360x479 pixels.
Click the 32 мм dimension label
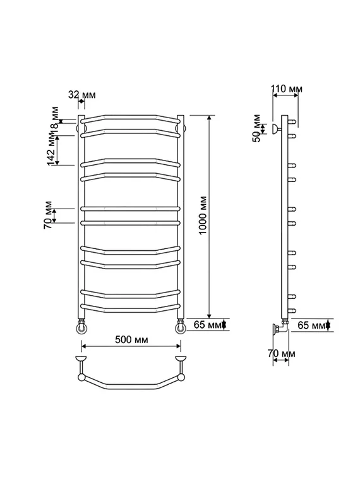[x=81, y=95]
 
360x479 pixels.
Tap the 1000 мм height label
[x=203, y=215]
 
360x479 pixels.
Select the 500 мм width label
[x=131, y=339]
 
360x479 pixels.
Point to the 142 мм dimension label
[x=52, y=149]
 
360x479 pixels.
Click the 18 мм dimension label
[x=54, y=121]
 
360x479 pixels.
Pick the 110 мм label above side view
[x=287, y=88]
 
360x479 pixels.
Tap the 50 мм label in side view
[x=256, y=128]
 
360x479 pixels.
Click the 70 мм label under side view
[x=281, y=353]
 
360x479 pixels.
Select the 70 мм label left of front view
[x=48, y=215]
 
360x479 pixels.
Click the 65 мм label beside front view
[x=207, y=324]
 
